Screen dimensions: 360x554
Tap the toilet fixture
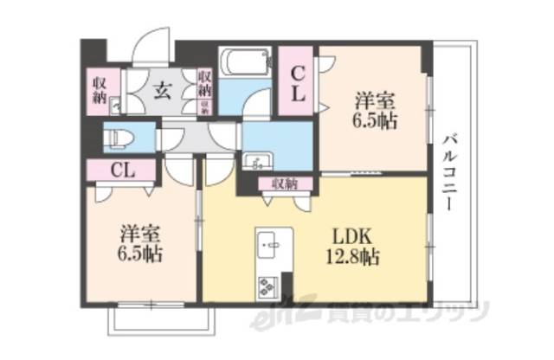click(116, 137)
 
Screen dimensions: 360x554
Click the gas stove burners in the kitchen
click(267, 282)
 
